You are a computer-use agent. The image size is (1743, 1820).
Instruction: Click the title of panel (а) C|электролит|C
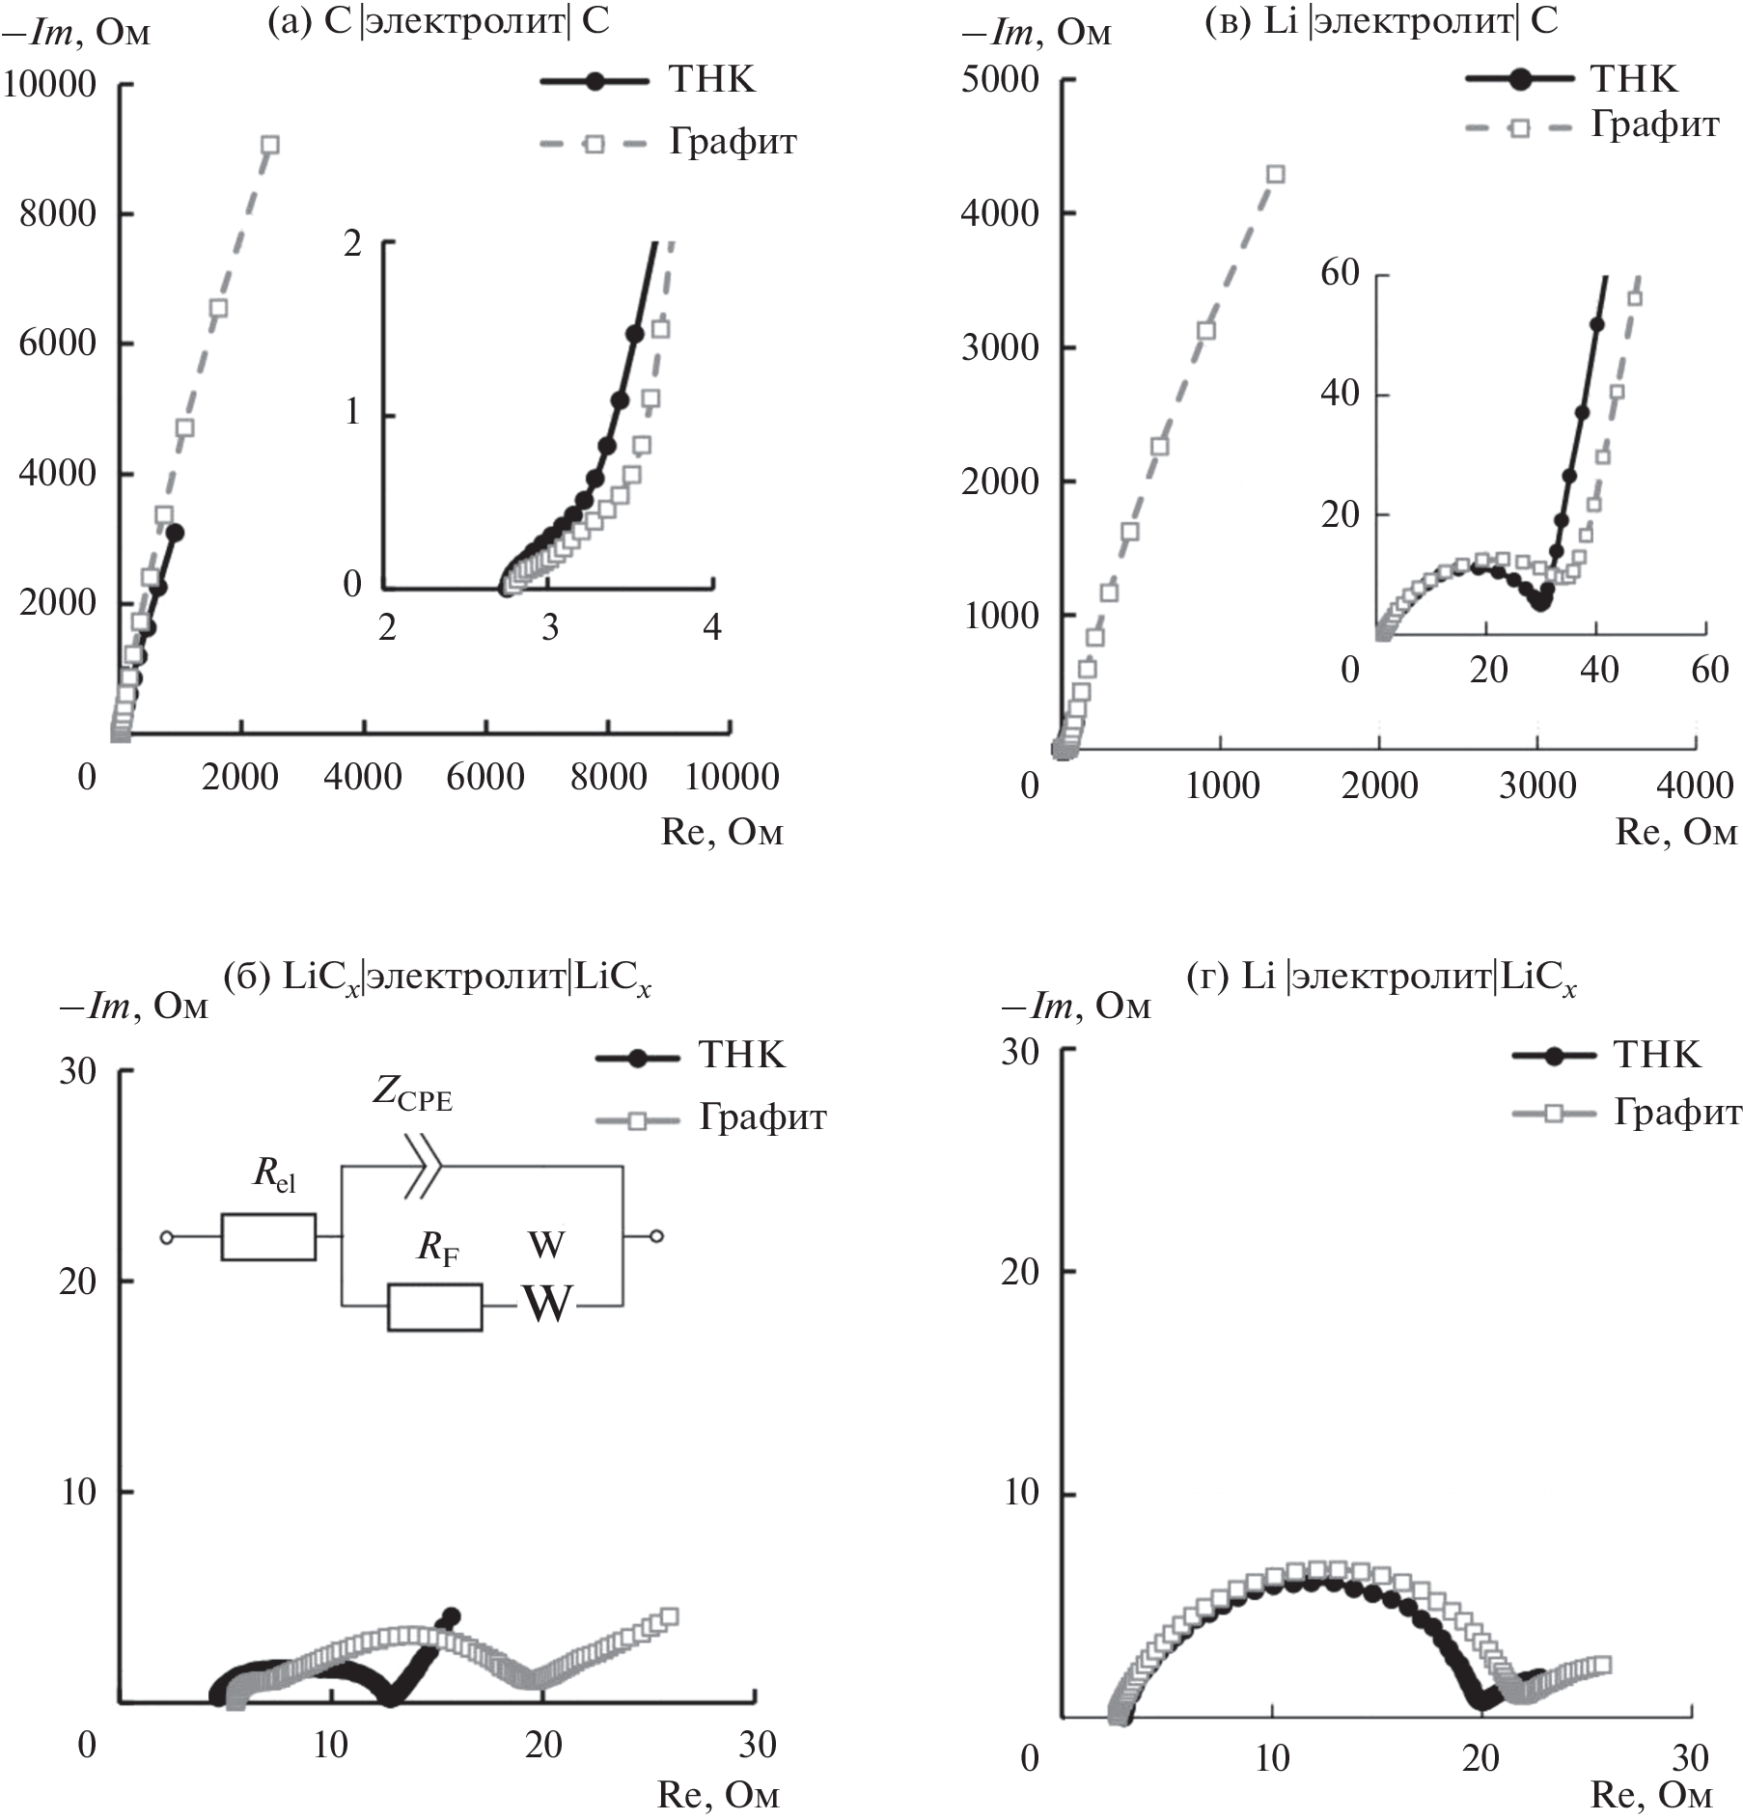[x=439, y=21]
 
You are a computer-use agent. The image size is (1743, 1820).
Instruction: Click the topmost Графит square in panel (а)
[x=270, y=145]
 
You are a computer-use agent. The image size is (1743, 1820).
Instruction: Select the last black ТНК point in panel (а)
[x=175, y=532]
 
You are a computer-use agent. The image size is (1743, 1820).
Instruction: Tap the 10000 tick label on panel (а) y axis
[x=50, y=85]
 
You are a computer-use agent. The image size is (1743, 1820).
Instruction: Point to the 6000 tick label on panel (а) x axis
[x=485, y=777]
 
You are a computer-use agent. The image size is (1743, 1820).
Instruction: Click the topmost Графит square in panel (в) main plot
[x=1276, y=175]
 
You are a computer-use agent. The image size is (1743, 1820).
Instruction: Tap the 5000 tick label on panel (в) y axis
[x=1000, y=79]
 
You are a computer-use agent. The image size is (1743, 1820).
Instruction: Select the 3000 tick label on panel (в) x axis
[x=1537, y=785]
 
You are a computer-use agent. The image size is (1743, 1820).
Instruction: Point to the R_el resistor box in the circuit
[x=268, y=1236]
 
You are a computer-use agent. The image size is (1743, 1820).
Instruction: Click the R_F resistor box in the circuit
[x=434, y=1308]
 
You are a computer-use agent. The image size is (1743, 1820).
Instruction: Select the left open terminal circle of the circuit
[x=166, y=1236]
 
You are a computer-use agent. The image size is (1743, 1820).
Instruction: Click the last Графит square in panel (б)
[x=669, y=1616]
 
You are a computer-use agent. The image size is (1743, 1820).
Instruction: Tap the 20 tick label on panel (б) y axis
[x=78, y=1282]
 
